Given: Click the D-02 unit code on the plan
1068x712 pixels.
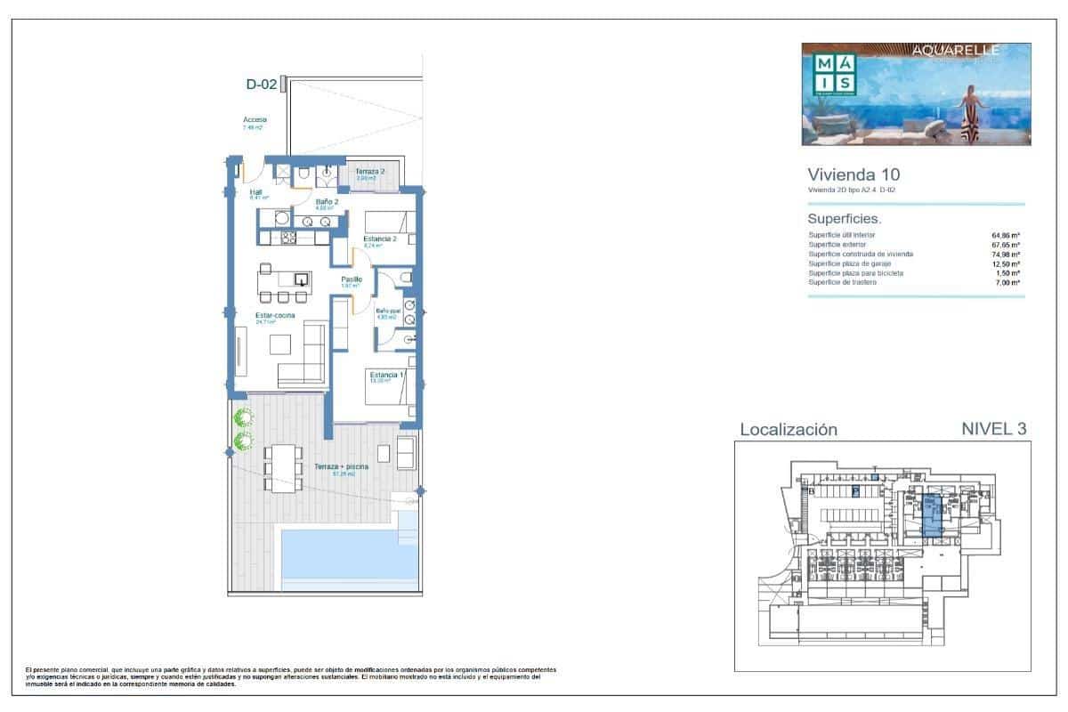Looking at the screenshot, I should (260, 85).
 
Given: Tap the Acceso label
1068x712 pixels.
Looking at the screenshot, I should (255, 120).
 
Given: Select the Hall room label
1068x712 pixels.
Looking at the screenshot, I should (255, 191).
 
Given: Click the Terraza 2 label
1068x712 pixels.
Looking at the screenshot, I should (370, 171).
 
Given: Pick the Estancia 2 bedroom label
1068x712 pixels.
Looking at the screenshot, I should (379, 239).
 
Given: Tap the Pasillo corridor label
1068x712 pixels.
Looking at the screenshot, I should (352, 279).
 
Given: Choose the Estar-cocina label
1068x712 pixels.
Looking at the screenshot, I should (251, 315).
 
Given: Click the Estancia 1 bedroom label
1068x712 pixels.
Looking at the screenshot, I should (386, 376).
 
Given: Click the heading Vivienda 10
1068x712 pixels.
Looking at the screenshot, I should (847, 174).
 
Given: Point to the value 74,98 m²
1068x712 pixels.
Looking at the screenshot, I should (1007, 255).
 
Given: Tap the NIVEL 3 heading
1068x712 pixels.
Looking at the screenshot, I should (994, 429).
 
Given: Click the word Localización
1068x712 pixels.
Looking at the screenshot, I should (789, 430).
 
